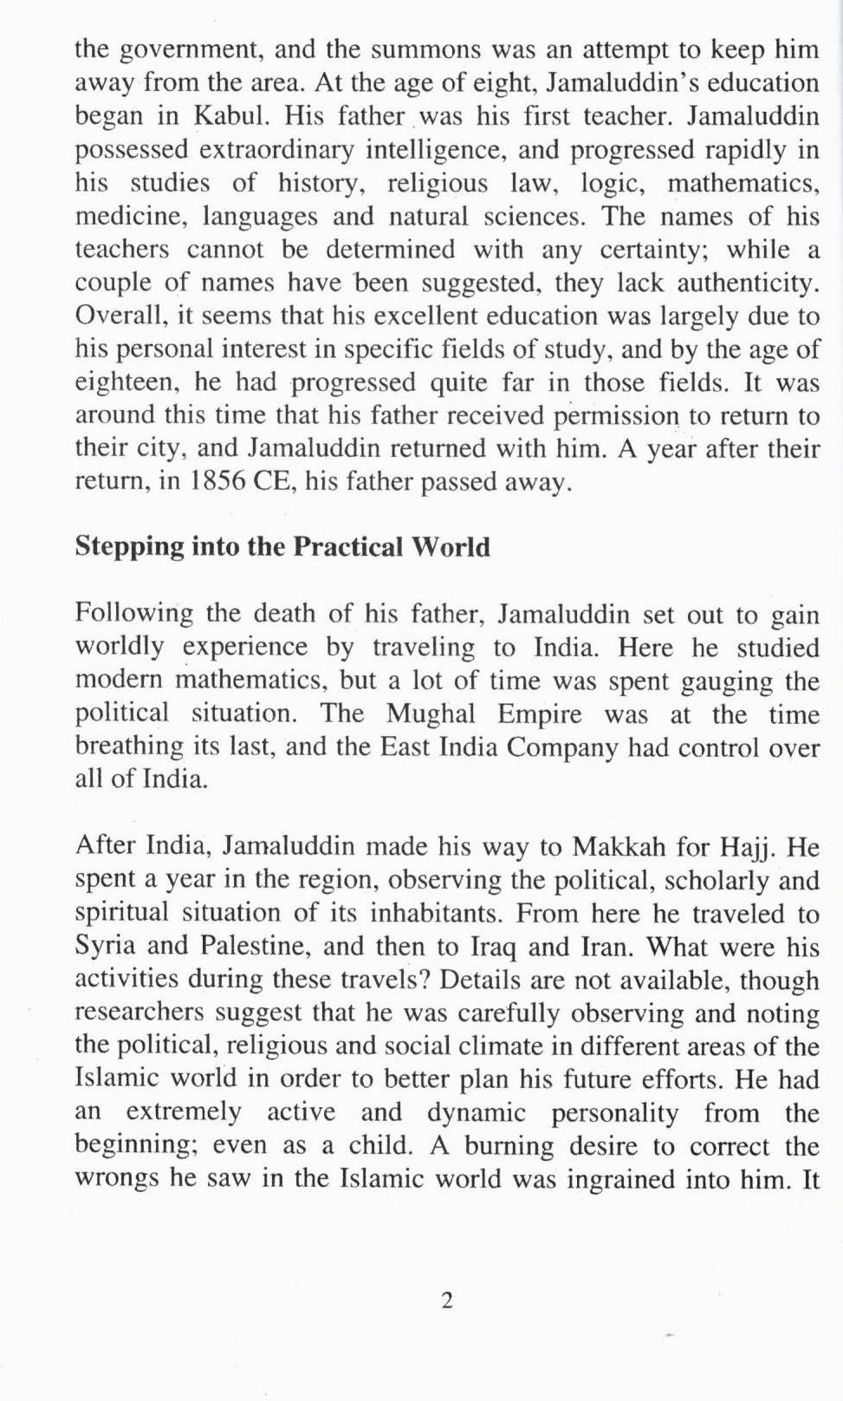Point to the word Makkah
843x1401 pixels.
pyautogui.click(x=616, y=846)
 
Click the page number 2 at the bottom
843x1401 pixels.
pyautogui.click(x=447, y=1300)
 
